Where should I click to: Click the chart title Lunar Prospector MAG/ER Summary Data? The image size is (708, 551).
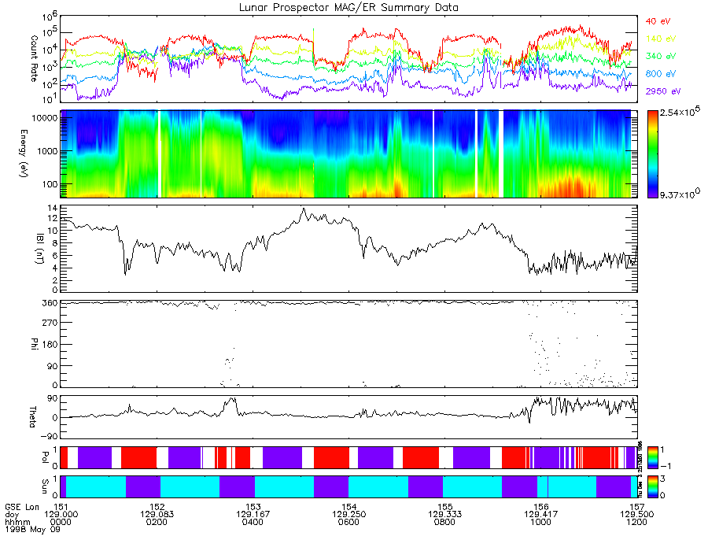348,7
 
